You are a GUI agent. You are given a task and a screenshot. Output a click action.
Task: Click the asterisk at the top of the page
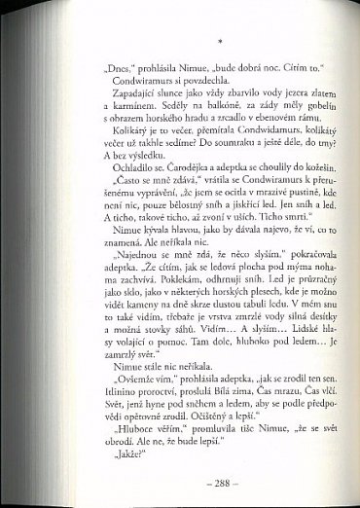click(x=222, y=43)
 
